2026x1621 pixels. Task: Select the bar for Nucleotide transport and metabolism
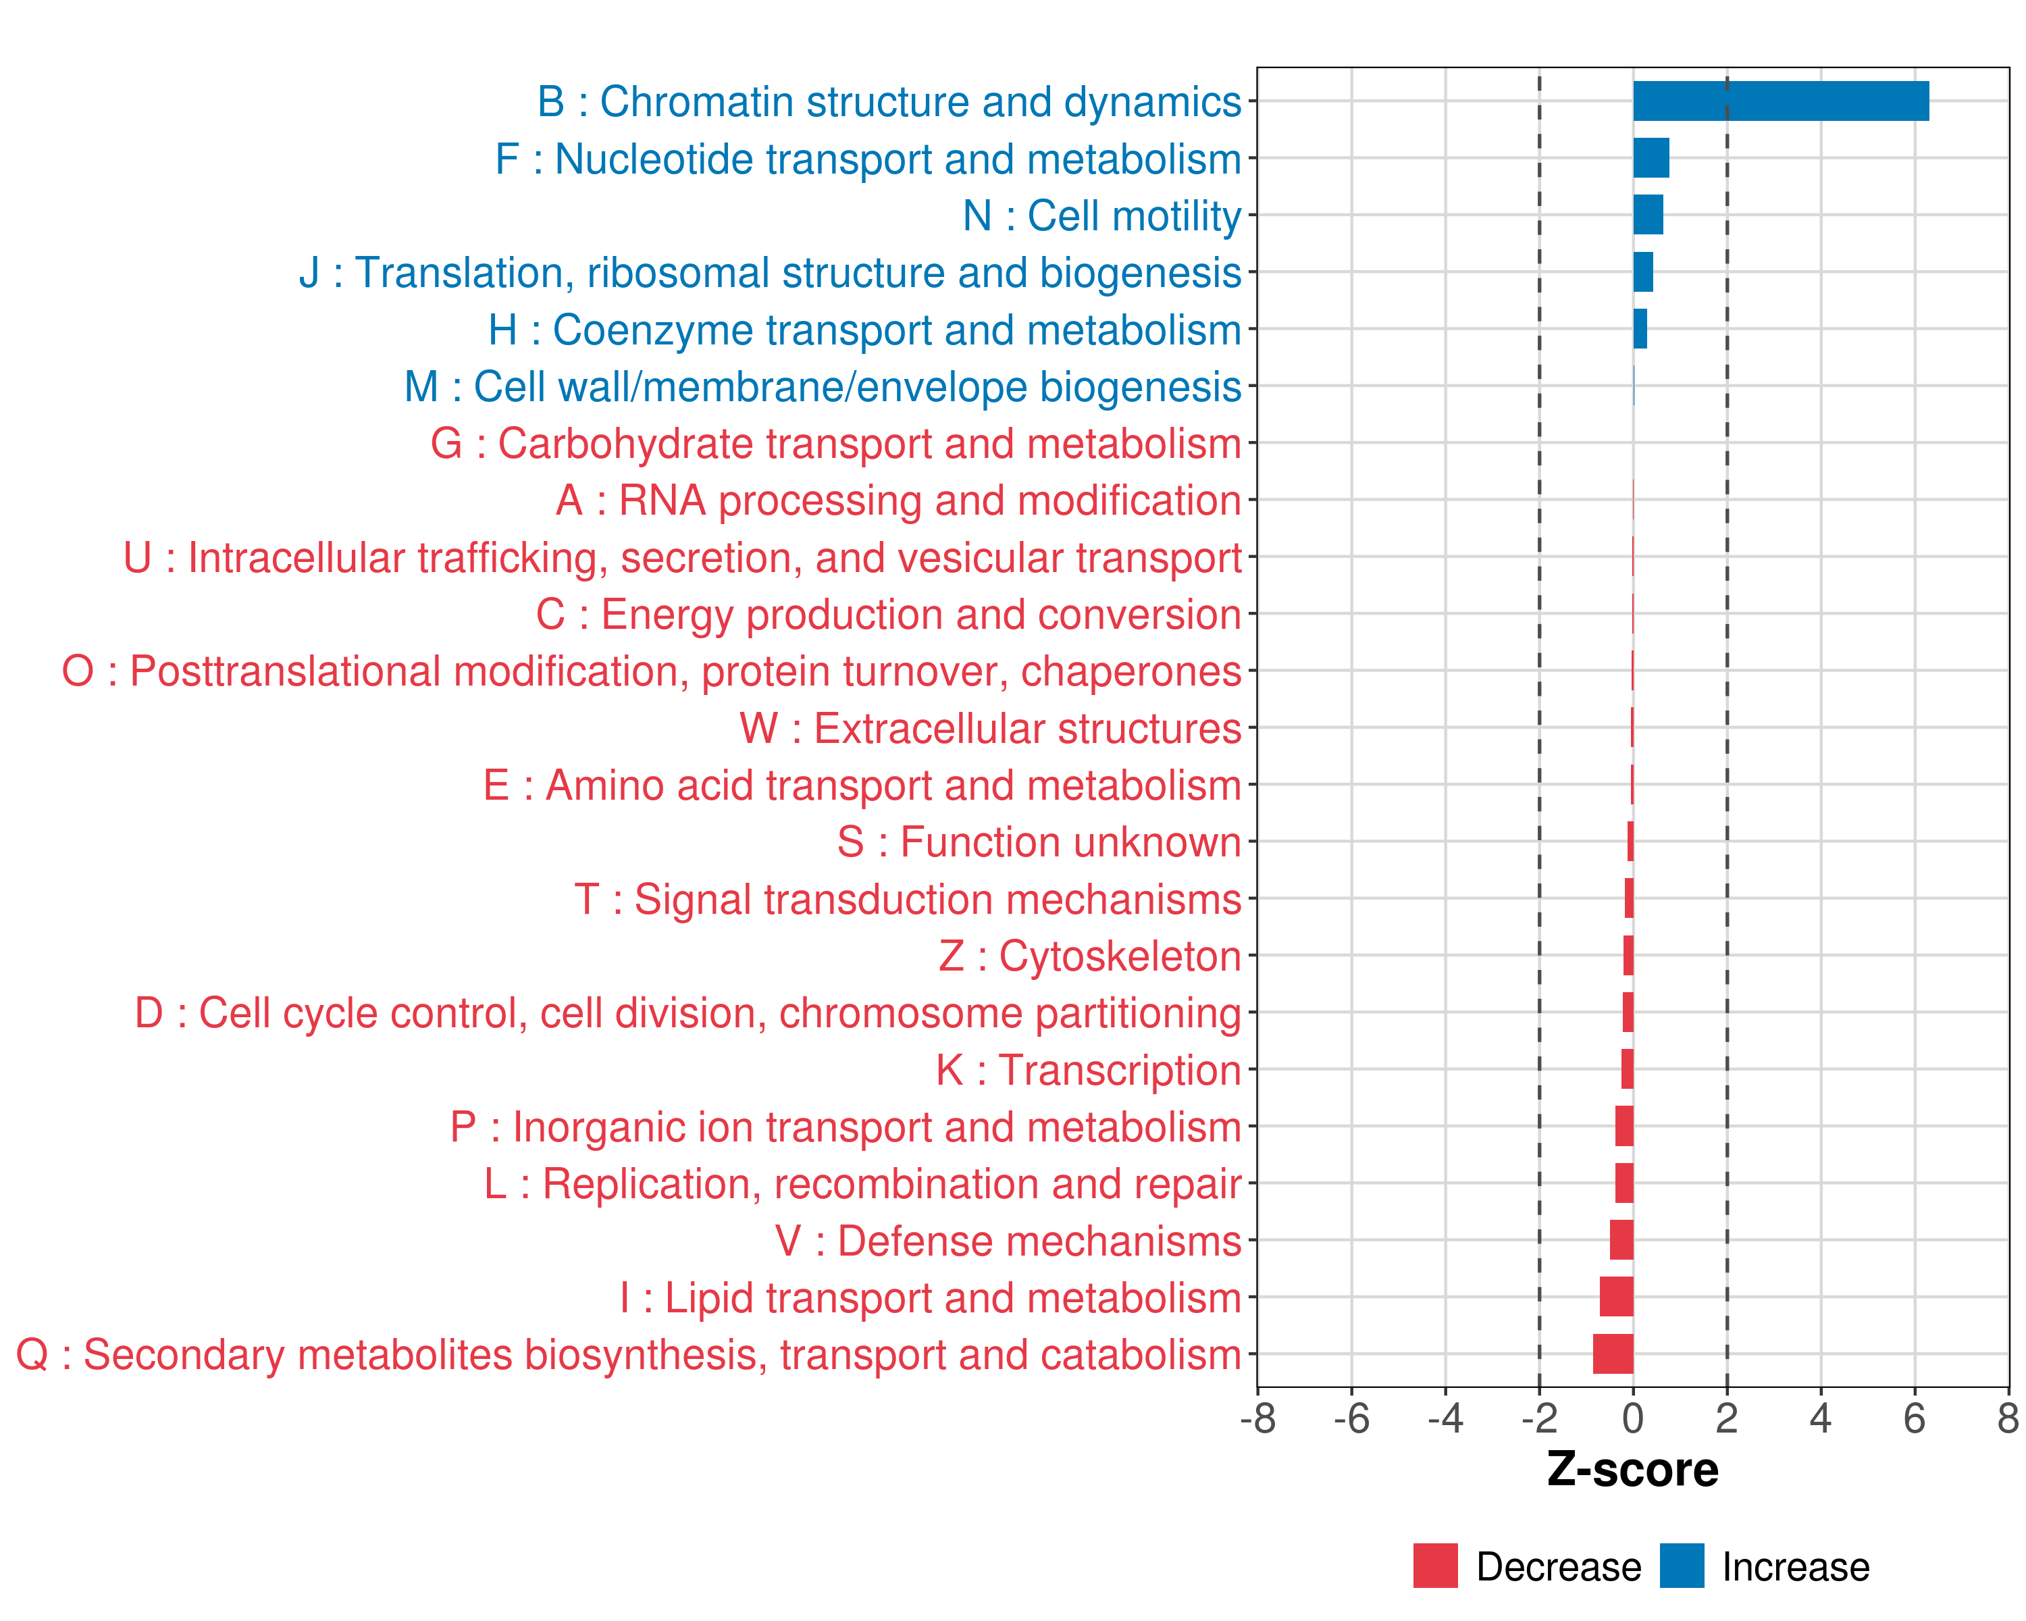(x=1651, y=158)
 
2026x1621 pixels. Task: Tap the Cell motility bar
(x=1647, y=215)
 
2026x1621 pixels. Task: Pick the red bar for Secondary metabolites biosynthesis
(x=1613, y=1354)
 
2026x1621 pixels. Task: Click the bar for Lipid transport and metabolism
(x=1616, y=1297)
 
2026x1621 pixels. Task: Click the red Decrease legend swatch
(x=1435, y=1566)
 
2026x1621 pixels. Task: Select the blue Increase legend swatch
(x=1681, y=1566)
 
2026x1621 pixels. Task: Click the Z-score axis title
(x=1632, y=1469)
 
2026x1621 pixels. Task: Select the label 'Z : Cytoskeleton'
(x=1090, y=956)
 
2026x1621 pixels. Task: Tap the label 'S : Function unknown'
(x=1039, y=843)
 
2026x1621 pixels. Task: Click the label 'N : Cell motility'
(x=1101, y=216)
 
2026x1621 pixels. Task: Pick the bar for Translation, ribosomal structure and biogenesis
(x=1642, y=272)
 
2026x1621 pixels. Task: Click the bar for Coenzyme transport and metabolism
(x=1640, y=329)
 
